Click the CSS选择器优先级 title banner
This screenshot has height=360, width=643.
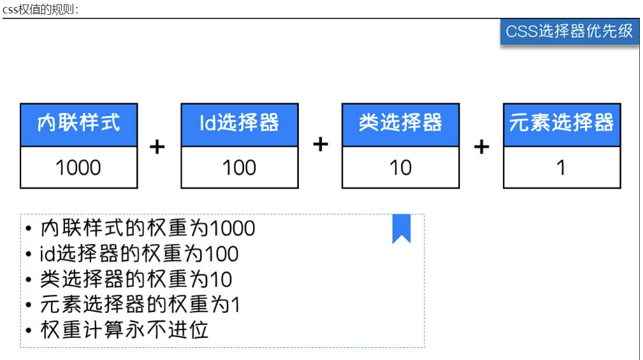pos(569,32)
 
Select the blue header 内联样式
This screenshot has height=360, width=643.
pos(79,125)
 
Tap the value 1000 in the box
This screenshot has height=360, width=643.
pos(78,168)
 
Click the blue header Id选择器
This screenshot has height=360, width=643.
pos(240,125)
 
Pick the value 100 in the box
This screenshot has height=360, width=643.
pos(240,168)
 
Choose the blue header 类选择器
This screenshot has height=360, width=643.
pos(401,125)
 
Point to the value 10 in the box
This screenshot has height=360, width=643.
pos(401,168)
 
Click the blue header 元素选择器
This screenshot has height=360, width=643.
pos(562,125)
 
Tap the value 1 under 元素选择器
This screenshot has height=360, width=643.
pos(561,168)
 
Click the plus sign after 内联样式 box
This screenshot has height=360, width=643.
pos(157,147)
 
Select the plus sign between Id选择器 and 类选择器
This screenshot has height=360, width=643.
pos(321,145)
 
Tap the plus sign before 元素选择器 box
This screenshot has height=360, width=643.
pos(481,147)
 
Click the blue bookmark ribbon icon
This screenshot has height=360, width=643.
pos(401,228)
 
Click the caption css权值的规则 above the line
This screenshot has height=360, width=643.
pos(40,9)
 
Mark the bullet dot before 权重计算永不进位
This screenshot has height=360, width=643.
pos(28,331)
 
